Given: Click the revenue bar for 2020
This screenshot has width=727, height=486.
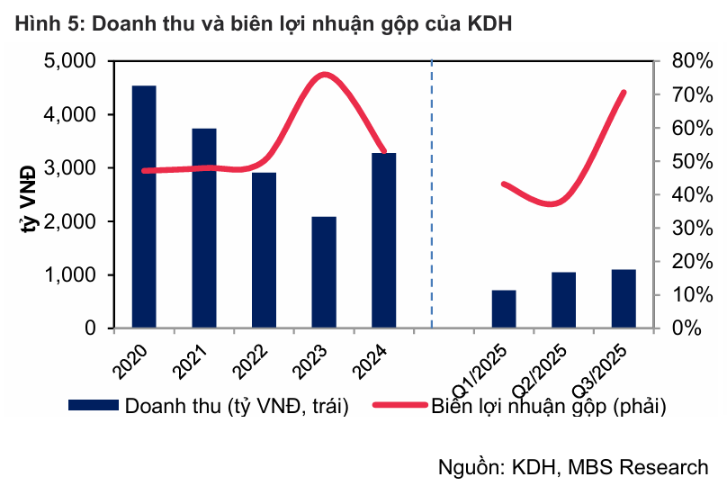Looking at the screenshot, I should point(144,207).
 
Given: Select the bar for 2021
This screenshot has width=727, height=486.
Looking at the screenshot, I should point(204,229).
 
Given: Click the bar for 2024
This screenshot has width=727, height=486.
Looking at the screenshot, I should point(383,240).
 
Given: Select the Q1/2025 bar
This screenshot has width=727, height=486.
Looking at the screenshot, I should point(504,310).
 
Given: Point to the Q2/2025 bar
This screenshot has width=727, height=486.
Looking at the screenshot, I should point(563,301).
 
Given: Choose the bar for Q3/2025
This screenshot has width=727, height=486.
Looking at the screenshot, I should point(624,299).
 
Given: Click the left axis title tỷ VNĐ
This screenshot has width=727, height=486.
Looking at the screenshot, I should point(28,195).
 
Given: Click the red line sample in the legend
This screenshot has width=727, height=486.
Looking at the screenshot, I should point(396,406).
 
